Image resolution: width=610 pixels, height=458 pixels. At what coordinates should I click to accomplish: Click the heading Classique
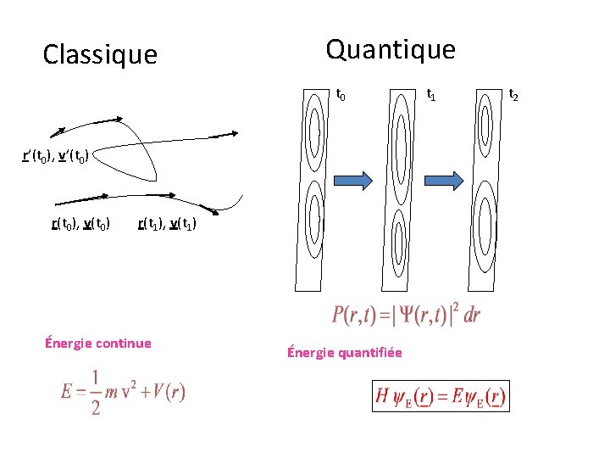pyautogui.click(x=100, y=55)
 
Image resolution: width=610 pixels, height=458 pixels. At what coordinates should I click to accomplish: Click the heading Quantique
pyautogui.click(x=391, y=49)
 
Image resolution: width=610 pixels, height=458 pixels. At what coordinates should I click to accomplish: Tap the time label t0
pyautogui.click(x=341, y=95)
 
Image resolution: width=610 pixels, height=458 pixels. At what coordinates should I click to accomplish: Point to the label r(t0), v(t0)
pyautogui.click(x=80, y=224)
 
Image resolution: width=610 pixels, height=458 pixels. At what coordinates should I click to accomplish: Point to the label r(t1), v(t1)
pyautogui.click(x=167, y=224)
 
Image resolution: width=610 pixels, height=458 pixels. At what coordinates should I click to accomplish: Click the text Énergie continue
pyautogui.click(x=97, y=343)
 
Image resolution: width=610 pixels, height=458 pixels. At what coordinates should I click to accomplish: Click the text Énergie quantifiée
pyautogui.click(x=344, y=352)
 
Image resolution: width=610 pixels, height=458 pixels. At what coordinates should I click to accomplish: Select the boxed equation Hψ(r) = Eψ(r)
pyautogui.click(x=441, y=395)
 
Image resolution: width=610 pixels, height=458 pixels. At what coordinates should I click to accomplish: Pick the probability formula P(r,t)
pyautogui.click(x=407, y=316)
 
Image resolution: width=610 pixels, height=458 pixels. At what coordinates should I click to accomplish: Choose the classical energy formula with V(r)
pyautogui.click(x=123, y=393)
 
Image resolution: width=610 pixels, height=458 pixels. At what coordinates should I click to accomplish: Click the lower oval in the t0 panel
pyautogui.click(x=313, y=223)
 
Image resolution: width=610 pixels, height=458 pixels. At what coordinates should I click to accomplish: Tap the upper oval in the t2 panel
pyautogui.click(x=485, y=123)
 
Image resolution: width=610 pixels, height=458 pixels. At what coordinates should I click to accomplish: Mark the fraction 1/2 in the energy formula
pyautogui.click(x=95, y=394)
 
